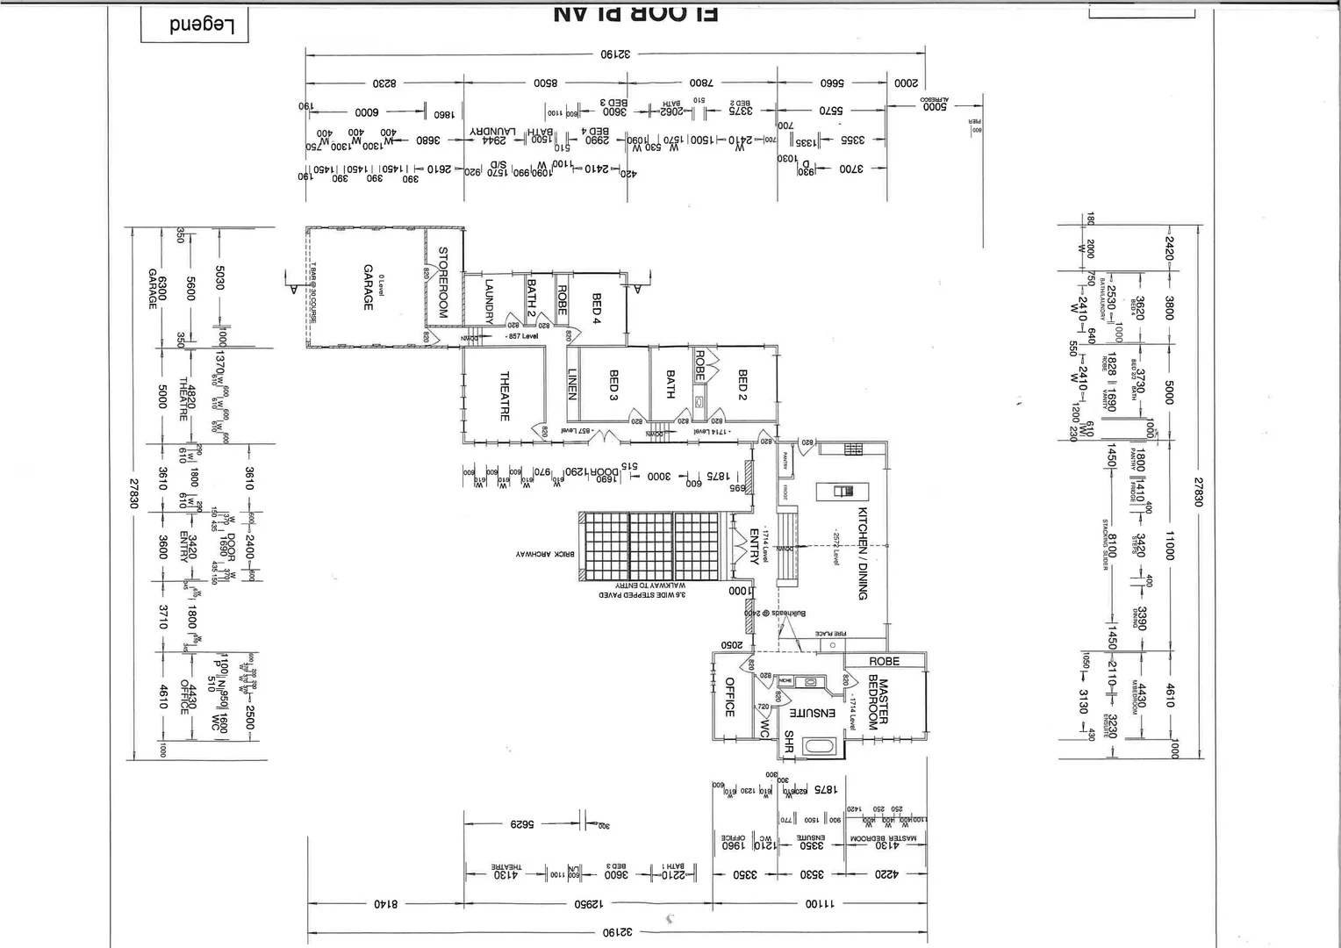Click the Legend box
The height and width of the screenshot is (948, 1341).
pyautogui.click(x=195, y=25)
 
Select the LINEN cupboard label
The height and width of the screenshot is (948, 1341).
pyautogui.click(x=572, y=384)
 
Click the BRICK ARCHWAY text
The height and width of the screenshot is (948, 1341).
pyautogui.click(x=545, y=554)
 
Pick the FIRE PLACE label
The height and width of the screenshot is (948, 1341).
pyautogui.click(x=828, y=633)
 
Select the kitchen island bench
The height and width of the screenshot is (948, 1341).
pyautogui.click(x=836, y=492)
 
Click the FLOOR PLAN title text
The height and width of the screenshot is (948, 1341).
pyautogui.click(x=637, y=12)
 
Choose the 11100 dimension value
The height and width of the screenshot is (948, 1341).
pyautogui.click(x=821, y=903)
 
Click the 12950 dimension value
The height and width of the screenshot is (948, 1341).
pyautogui.click(x=592, y=903)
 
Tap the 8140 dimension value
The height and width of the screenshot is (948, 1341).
pyautogui.click(x=386, y=903)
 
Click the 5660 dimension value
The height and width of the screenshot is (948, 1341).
pyautogui.click(x=832, y=83)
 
